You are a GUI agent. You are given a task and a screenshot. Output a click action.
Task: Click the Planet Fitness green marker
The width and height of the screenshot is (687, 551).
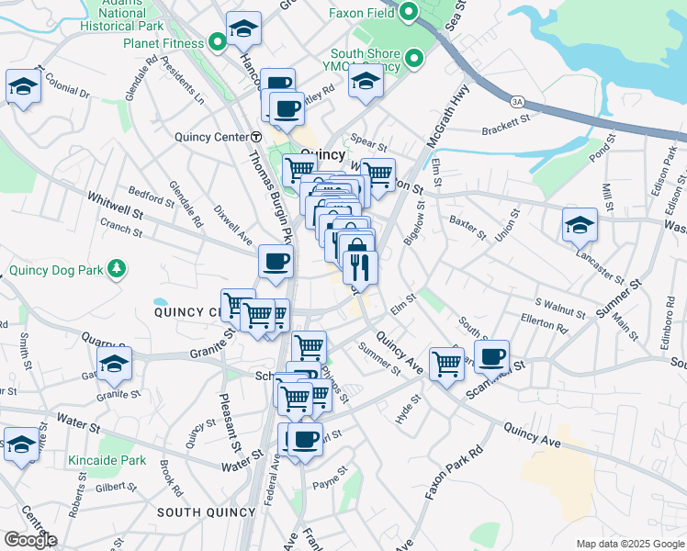pyautogui.click(x=217, y=42)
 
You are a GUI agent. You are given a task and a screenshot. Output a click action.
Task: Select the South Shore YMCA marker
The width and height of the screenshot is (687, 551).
pyautogui.click(x=414, y=61)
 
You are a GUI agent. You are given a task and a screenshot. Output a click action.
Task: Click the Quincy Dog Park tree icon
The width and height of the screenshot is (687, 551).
pyautogui.click(x=116, y=269)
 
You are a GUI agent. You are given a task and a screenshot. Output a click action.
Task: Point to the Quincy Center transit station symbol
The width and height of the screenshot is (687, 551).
pyautogui.click(x=256, y=137)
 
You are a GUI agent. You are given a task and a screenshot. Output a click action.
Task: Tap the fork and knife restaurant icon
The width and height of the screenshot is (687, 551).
pyautogui.click(x=360, y=267)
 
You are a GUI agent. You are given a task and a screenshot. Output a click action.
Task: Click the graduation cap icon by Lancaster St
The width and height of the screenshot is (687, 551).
pyautogui.click(x=580, y=224)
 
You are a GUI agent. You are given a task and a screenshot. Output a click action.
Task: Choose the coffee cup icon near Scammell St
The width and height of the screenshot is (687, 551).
pyautogui.click(x=492, y=354)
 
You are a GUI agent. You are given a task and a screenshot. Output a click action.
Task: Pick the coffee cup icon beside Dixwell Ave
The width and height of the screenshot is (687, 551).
pyautogui.click(x=276, y=262)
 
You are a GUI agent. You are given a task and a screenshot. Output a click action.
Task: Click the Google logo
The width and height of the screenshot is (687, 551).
pyautogui.click(x=29, y=540)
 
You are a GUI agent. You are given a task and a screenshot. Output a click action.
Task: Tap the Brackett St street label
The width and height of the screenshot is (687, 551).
pyautogui.click(x=506, y=125)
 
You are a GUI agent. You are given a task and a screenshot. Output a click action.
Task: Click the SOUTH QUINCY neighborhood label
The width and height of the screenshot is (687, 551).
pyautogui.click(x=206, y=512)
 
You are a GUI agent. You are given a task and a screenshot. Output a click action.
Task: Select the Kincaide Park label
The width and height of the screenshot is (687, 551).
pyautogui.click(x=107, y=460)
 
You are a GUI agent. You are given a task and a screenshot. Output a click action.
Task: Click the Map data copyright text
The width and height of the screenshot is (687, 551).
pyautogui.click(x=630, y=544)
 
